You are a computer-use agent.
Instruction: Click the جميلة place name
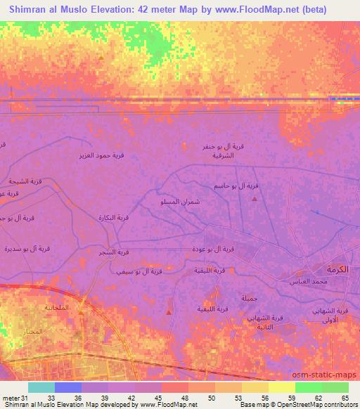249,297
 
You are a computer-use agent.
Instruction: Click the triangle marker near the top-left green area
101,57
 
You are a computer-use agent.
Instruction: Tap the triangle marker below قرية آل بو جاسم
255,199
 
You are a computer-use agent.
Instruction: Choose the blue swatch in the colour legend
67,387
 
